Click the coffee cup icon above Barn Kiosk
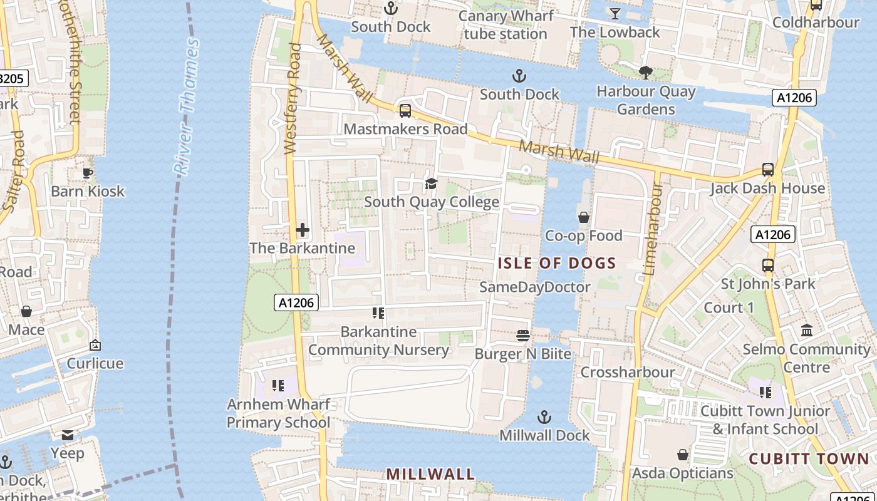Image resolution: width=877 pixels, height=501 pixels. point(87,173)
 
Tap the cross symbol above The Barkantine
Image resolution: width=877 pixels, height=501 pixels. point(303,230)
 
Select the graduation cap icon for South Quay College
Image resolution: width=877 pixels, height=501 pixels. point(431,183)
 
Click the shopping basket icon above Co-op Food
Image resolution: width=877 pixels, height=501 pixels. point(584,217)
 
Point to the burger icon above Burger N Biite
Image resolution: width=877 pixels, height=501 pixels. point(523,336)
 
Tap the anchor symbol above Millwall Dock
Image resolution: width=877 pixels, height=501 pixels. point(545,417)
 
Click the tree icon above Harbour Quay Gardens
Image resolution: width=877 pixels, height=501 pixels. point(646,73)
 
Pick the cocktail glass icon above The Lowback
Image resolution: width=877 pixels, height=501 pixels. point(615,13)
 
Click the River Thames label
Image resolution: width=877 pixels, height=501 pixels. point(187,106)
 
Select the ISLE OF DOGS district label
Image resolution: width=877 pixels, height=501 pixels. point(557,263)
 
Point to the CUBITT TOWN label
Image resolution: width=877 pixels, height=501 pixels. point(809,458)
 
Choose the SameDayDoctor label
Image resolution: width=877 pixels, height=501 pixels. point(534,287)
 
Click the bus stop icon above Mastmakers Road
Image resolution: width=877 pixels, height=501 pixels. point(405,111)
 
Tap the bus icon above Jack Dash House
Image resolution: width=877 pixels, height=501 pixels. point(768,170)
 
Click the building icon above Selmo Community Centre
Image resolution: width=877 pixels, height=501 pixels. point(807,330)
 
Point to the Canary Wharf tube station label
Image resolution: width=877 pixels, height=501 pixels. point(506,24)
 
